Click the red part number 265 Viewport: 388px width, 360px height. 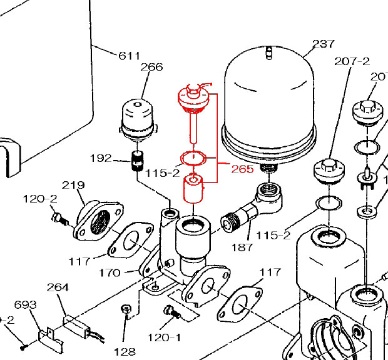[242, 169]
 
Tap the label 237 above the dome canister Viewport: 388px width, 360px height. [324, 44]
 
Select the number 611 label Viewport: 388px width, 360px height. [130, 56]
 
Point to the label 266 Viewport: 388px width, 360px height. [151, 67]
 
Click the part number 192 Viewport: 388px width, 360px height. [101, 158]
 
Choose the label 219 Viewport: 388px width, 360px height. [73, 185]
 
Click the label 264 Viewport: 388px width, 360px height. [58, 287]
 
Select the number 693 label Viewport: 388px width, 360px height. [25, 304]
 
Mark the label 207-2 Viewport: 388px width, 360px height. [352, 61]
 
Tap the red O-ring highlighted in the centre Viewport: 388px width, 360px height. [194, 157]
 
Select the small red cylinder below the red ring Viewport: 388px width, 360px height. [193, 189]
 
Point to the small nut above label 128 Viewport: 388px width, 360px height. [125, 309]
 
